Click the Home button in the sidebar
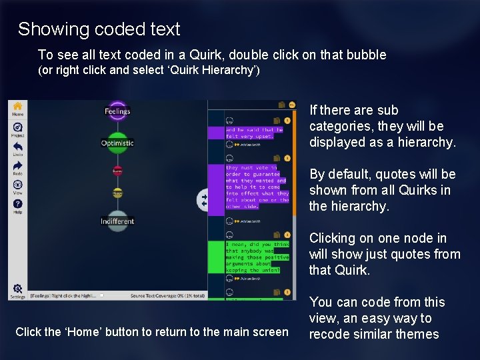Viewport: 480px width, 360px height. pyautogui.click(x=17, y=109)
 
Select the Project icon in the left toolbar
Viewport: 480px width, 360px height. pyautogui.click(x=17, y=129)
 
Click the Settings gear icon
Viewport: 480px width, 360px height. pyautogui.click(x=17, y=289)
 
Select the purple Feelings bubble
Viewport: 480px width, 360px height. pyautogui.click(x=117, y=111)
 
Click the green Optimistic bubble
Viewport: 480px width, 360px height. pyautogui.click(x=117, y=142)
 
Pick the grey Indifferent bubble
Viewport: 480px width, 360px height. pyautogui.click(x=117, y=221)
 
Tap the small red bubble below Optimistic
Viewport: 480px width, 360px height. pyautogui.click(x=117, y=171)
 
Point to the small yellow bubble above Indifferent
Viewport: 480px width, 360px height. pyautogui.click(x=117, y=193)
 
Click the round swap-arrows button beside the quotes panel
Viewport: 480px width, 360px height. pyautogui.click(x=203, y=199)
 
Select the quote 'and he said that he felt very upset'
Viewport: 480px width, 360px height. pyautogui.click(x=254, y=133)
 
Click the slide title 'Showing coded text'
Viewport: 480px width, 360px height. pyautogui.click(x=99, y=29)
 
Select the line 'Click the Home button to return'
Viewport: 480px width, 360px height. pyautogui.click(x=152, y=331)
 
